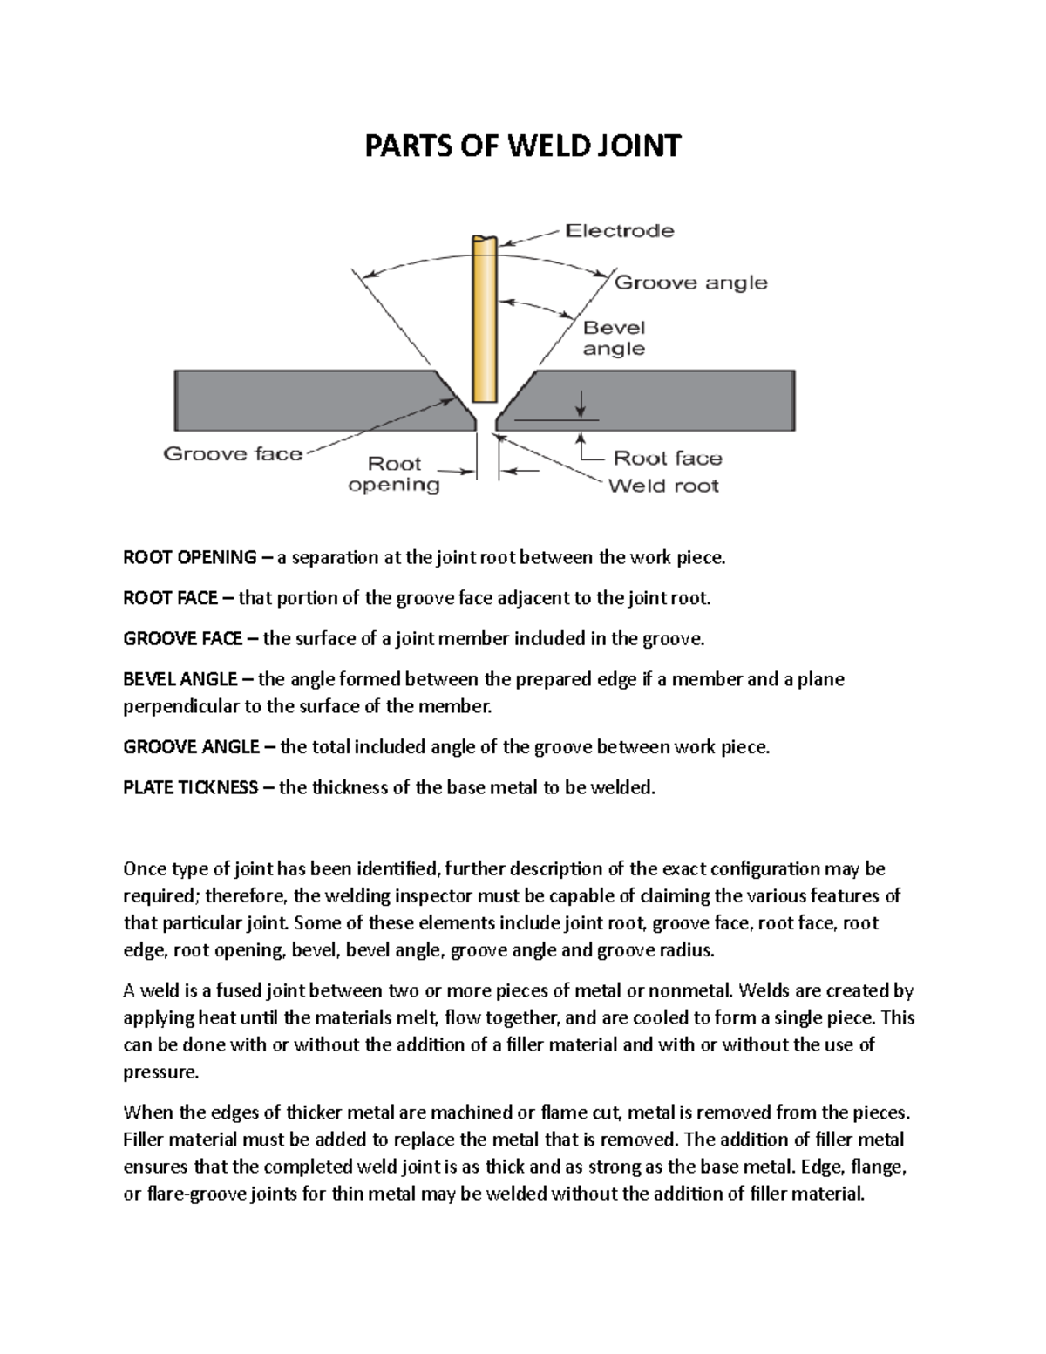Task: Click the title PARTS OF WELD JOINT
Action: [522, 146]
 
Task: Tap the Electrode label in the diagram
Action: [620, 231]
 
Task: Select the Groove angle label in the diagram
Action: [691, 282]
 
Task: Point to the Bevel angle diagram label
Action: [614, 338]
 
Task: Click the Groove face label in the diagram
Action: [233, 453]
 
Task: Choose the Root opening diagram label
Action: [394, 474]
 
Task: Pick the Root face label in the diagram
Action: [668, 459]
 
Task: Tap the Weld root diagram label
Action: [663, 486]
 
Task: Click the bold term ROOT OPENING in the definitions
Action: [190, 558]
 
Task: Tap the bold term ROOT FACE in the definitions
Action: [171, 598]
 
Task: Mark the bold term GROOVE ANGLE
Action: [191, 747]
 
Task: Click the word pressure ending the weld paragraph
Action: [161, 1072]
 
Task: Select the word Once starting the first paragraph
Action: [143, 869]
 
